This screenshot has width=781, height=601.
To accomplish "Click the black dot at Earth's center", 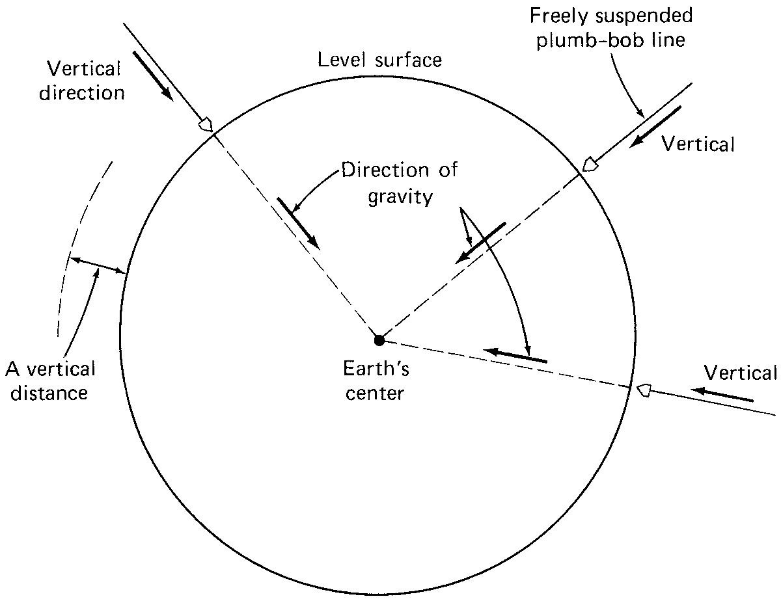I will click(x=379, y=340).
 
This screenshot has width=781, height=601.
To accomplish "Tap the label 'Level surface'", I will click(x=379, y=60).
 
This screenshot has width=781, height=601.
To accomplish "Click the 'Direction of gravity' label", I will click(x=400, y=183).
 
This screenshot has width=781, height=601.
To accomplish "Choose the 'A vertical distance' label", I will click(x=51, y=381).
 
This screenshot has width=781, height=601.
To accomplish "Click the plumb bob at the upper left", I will click(x=206, y=124).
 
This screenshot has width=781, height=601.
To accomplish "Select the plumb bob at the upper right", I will click(x=590, y=164).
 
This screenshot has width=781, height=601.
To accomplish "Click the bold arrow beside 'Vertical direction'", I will click(x=153, y=75).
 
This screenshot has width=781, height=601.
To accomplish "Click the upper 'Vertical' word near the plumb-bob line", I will click(x=698, y=144).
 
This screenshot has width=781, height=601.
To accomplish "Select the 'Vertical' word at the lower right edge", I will click(x=740, y=373).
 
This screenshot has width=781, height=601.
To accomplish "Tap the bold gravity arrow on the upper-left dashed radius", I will click(x=299, y=222).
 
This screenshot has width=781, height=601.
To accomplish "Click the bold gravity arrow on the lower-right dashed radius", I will click(x=515, y=355).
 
